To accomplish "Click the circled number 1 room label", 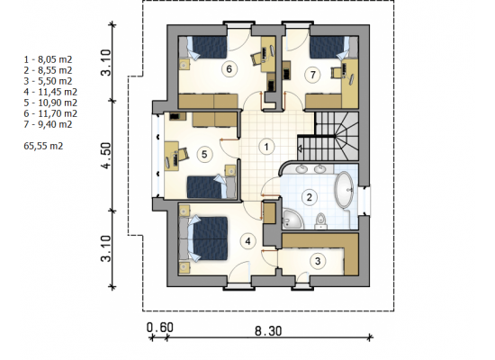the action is (266, 147).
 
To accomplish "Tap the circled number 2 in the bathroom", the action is (309, 197).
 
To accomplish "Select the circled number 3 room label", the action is (318, 261).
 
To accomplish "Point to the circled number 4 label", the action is (247, 241).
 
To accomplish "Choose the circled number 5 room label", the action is (204, 155).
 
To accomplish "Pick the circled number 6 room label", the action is (229, 68).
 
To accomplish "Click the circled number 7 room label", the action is (313, 75).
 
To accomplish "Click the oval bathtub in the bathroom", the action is (344, 190).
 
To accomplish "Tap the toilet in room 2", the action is (320, 220).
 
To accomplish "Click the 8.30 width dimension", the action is (268, 331).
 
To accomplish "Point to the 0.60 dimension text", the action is (160, 328).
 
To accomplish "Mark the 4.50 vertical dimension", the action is (107, 156).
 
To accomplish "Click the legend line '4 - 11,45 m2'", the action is (50, 92).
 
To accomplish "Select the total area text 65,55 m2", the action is (43, 146).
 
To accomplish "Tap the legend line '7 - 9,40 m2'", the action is (48, 124).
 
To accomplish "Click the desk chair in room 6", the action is (256, 58).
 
